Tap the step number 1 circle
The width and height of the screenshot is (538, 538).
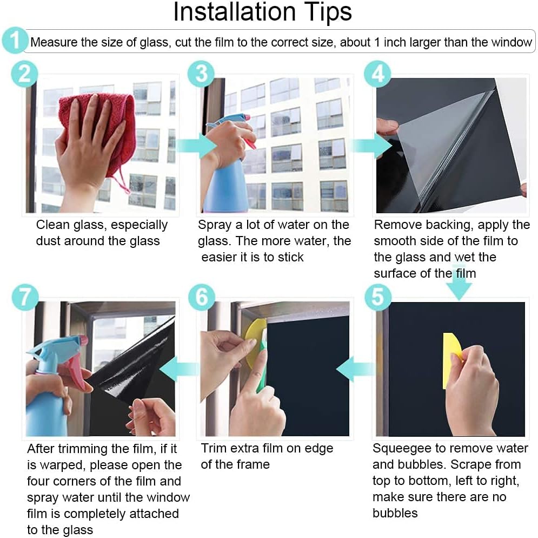point(15,41)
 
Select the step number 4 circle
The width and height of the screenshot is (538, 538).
point(377,74)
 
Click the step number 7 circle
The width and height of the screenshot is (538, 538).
point(25,297)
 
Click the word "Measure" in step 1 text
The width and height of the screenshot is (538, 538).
point(54,42)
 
